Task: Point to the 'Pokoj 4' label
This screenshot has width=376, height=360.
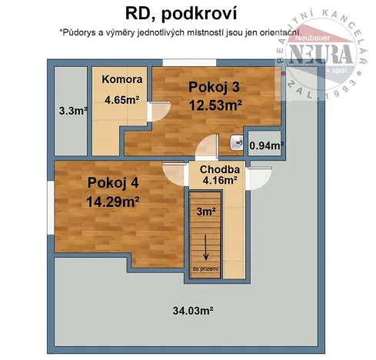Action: coord(113,183)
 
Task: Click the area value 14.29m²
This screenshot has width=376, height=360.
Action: coord(113,202)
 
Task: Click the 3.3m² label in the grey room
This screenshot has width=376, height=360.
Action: coord(72,110)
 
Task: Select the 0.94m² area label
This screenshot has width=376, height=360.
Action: coord(267,145)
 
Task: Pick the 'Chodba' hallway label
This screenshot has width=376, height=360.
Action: coord(220,170)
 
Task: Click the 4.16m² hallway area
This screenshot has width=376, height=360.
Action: coord(220,182)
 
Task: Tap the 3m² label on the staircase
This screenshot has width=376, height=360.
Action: coord(205,212)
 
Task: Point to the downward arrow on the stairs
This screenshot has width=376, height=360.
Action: coord(205,248)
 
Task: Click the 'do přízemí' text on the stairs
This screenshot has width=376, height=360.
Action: coord(205,268)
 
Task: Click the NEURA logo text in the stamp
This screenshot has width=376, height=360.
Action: coord(324,57)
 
